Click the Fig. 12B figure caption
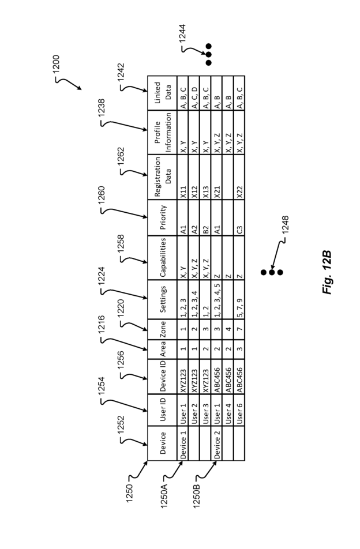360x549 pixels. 327,272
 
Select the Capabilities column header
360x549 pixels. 163,257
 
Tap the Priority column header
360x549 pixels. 163,217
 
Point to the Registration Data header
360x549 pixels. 163,176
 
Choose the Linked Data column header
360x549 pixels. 163,93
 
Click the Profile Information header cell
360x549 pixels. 163,132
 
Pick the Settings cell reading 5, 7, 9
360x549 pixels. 239,307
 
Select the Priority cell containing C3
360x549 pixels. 239,230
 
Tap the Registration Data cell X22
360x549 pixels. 239,192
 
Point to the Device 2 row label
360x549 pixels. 217,443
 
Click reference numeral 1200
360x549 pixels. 56,63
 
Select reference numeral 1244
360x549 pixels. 182,33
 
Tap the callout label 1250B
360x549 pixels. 196,494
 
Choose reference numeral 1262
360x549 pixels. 121,156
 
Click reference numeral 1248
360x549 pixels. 285,224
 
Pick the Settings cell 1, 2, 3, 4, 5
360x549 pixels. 217,300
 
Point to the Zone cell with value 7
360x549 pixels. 239,329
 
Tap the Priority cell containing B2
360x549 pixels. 206,230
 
